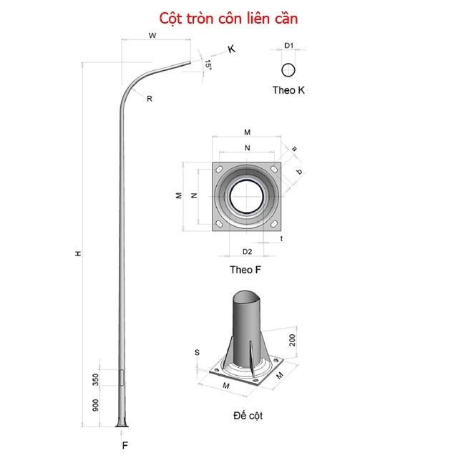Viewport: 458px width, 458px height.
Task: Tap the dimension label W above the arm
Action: [152, 35]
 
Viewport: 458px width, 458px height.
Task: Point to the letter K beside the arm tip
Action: [231, 49]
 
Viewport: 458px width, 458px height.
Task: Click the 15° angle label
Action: [208, 64]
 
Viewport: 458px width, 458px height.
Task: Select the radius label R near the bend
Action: [150, 99]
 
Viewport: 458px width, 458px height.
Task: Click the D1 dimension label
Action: [289, 46]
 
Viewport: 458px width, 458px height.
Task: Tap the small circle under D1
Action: [289, 70]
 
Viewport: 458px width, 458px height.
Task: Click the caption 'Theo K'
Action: [289, 90]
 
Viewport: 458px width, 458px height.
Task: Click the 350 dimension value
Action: [96, 379]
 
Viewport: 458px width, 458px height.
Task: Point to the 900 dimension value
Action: [96, 406]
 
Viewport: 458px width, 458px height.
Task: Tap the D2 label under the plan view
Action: [247, 251]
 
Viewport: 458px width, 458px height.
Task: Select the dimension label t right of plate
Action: [283, 238]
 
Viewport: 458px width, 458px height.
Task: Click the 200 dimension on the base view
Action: [294, 338]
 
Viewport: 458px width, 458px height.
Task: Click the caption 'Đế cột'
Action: [248, 415]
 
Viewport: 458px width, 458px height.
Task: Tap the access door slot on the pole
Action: [120, 378]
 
